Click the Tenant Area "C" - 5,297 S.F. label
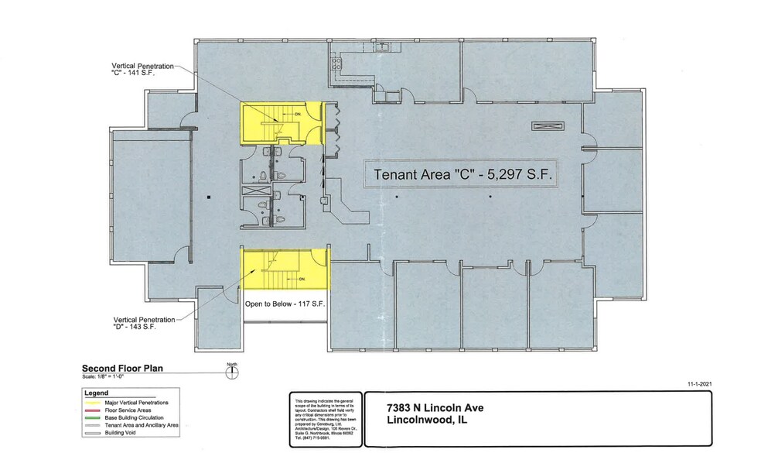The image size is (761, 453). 463,174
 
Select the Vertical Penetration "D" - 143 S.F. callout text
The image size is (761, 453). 146,323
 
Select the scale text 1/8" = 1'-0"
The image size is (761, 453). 113,376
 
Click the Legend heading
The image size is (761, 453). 95,393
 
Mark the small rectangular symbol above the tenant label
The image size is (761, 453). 548,126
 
